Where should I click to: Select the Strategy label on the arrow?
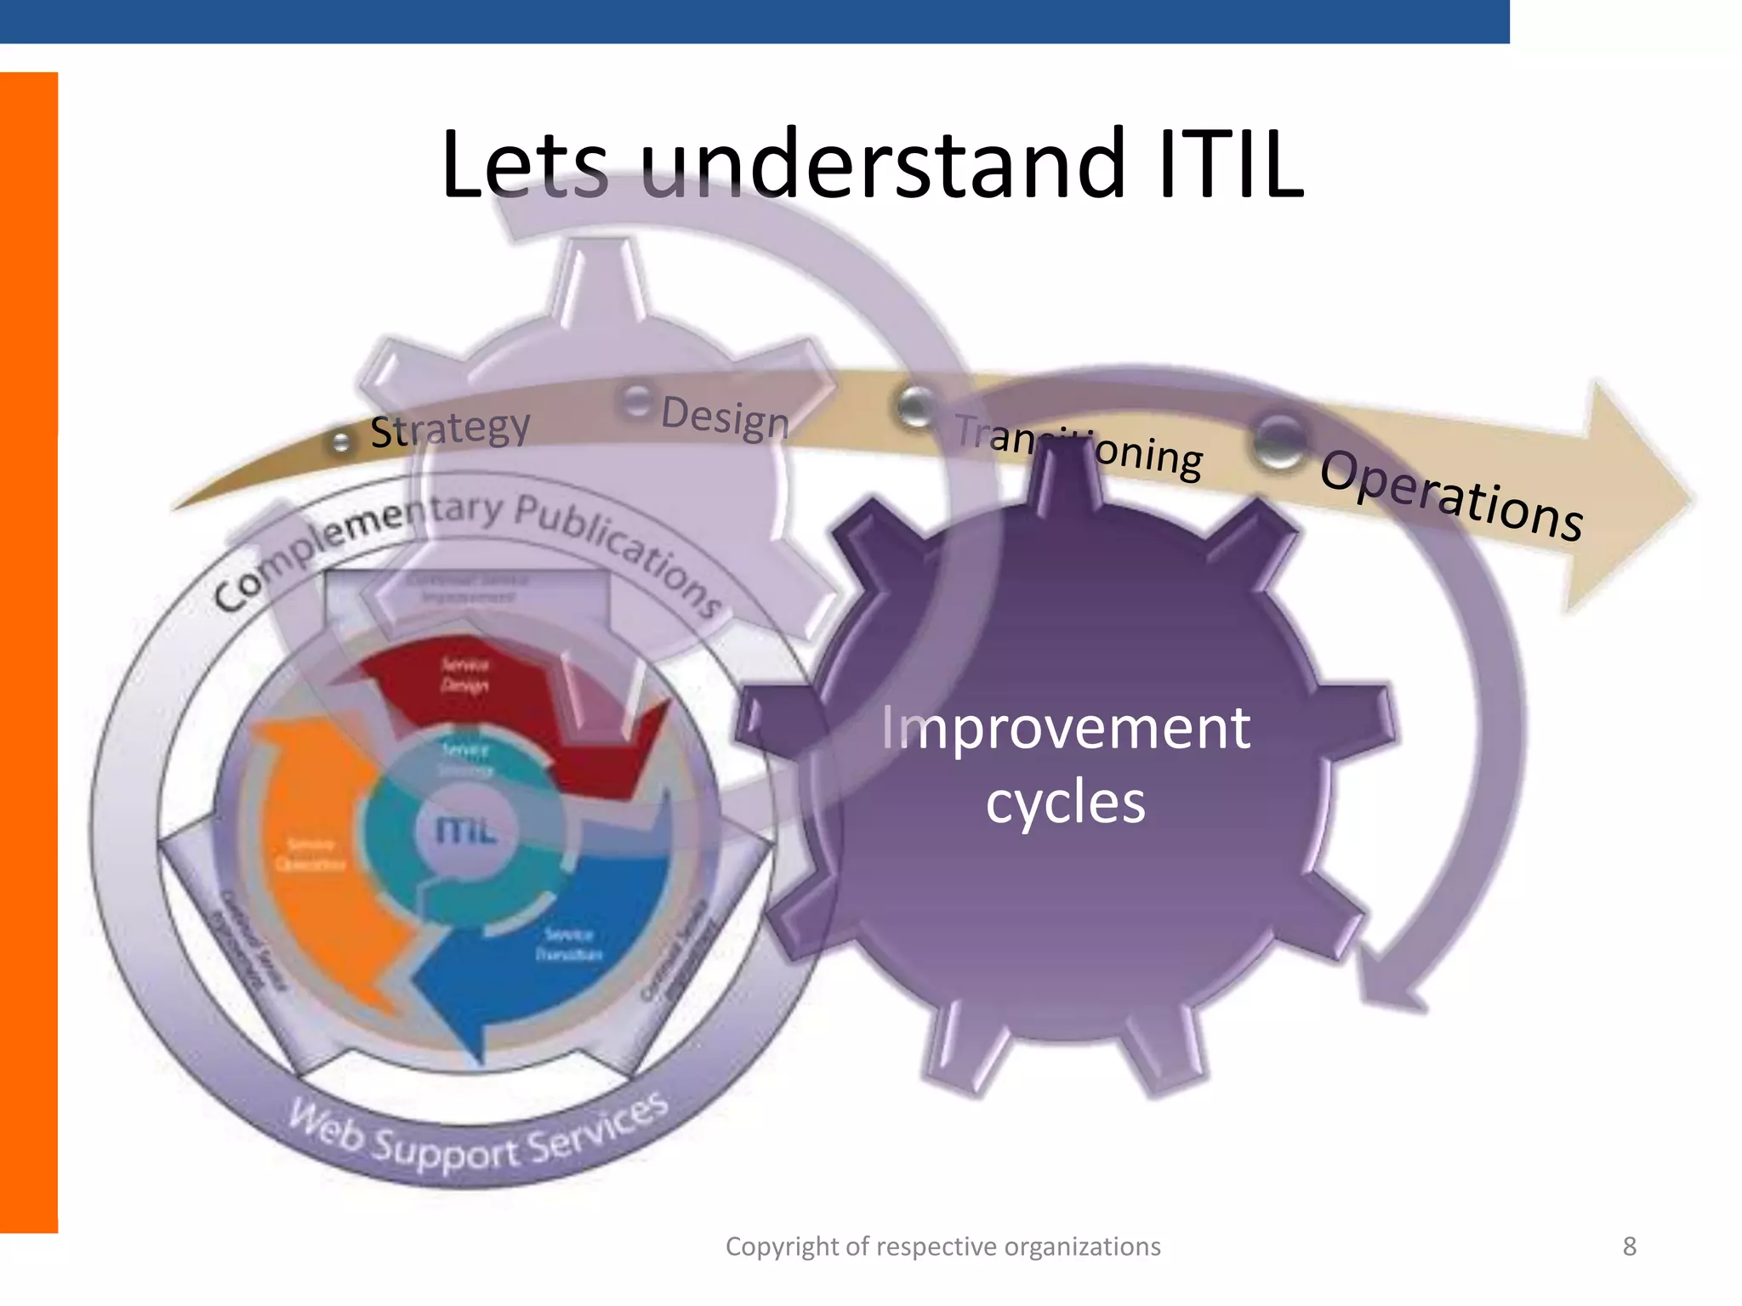(450, 428)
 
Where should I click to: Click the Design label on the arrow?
(725, 417)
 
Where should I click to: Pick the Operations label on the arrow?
(1451, 494)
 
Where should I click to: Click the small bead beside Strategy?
(340, 441)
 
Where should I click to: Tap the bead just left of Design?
(636, 401)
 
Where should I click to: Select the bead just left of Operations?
(1278, 440)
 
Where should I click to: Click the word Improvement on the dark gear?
(1065, 728)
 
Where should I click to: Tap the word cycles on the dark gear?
(1065, 802)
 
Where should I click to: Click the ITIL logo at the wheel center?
(464, 829)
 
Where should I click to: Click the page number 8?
(1629, 1246)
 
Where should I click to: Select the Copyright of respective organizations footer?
(942, 1246)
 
